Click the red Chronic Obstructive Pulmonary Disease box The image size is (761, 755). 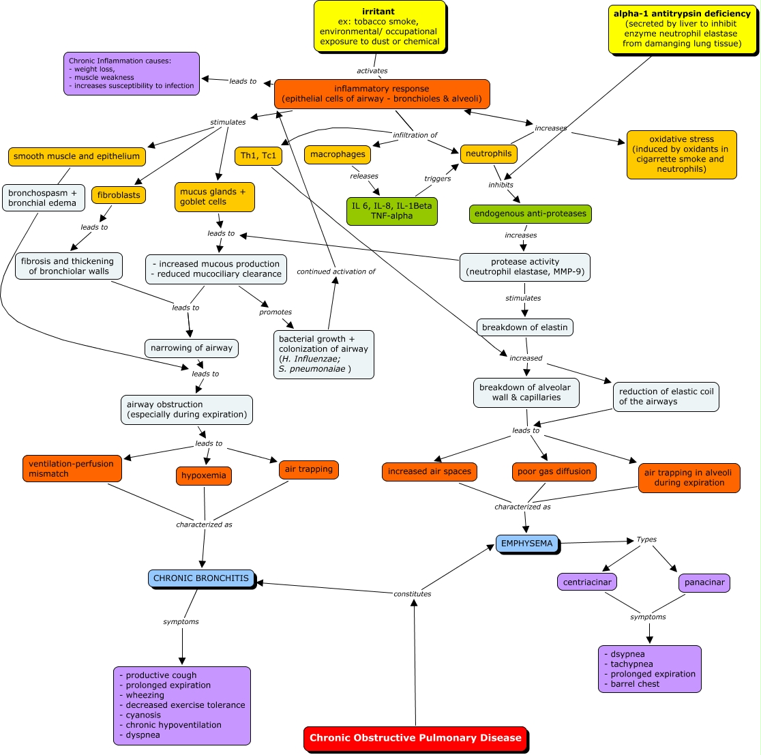pyautogui.click(x=415, y=738)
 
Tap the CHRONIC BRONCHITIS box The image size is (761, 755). pyautogui.click(x=201, y=578)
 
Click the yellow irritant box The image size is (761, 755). pyautogui.click(x=379, y=27)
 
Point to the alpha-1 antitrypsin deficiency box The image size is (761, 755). pyautogui.click(x=681, y=29)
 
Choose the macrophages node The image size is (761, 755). pyautogui.click(x=338, y=155)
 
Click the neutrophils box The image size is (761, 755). pyautogui.click(x=488, y=154)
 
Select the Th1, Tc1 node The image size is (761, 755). pyautogui.click(x=258, y=156)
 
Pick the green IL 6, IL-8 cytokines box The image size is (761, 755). pyautogui.click(x=391, y=211)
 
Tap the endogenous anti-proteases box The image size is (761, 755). pyautogui.click(x=530, y=213)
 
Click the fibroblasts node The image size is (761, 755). pyautogui.click(x=119, y=195)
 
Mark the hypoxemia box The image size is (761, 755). pyautogui.click(x=204, y=476)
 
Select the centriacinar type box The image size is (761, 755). pyautogui.click(x=587, y=582)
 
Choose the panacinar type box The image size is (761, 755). pyautogui.click(x=704, y=583)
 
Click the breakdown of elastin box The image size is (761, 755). pyautogui.click(x=524, y=327)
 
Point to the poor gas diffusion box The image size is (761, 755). pyautogui.click(x=554, y=471)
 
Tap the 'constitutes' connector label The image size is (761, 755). pyautogui.click(x=413, y=594)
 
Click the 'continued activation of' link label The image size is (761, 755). pyautogui.click(x=336, y=271)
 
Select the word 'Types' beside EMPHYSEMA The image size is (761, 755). pyautogui.click(x=646, y=539)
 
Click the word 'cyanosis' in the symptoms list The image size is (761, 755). pyautogui.click(x=143, y=715)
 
